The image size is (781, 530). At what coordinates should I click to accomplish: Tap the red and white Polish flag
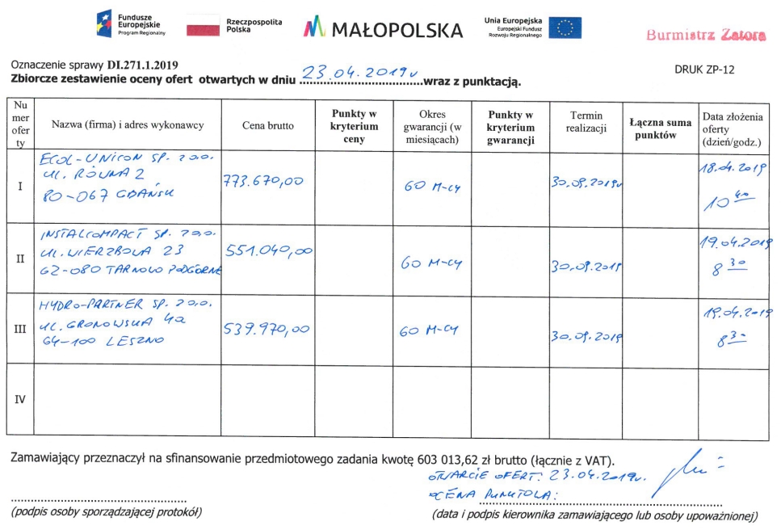pos(203,27)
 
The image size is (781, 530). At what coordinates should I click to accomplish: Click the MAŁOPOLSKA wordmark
pos(384,30)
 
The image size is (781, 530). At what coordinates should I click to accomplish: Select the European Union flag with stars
pos(565,28)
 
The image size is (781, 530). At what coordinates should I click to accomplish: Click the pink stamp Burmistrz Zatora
pos(704,35)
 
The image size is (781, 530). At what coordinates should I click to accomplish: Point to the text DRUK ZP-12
pos(704,69)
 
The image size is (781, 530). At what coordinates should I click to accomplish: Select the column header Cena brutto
pos(268,125)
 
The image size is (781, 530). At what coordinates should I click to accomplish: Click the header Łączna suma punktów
pos(660,128)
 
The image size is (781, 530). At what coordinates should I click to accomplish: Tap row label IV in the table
pos(20,398)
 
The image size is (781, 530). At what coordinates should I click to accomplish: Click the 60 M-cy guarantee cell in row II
pos(431,263)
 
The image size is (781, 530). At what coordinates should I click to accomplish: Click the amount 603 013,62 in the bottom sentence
pos(454,460)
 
